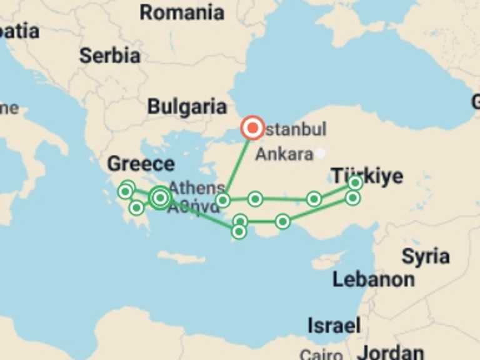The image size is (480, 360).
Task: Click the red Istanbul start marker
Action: (252, 128)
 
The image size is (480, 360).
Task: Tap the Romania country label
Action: (182, 12)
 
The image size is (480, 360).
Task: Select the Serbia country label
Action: (109, 56)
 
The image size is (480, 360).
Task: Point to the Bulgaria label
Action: (187, 107)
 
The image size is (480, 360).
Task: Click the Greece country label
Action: (141, 164)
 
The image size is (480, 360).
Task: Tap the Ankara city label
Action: (284, 154)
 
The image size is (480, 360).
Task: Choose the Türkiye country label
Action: (367, 176)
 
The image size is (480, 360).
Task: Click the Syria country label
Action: (426, 256)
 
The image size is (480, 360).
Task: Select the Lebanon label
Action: (373, 279)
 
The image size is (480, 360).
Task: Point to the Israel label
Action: (334, 325)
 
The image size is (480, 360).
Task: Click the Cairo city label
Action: (321, 354)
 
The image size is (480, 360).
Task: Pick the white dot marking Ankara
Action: (321, 152)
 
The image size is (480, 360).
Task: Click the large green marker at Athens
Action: (160, 197)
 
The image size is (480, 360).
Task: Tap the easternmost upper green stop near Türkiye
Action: (355, 182)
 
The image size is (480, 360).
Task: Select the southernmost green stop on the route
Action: (239, 231)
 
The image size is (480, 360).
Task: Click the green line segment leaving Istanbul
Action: (239, 162)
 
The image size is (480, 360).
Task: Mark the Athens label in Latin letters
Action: (196, 187)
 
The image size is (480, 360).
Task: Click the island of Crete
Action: (181, 257)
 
